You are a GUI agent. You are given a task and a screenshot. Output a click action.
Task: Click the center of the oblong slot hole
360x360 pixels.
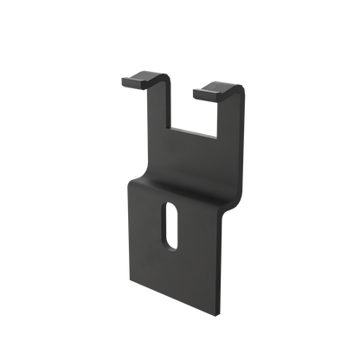170,227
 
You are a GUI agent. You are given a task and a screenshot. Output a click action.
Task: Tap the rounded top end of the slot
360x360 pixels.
170,208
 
